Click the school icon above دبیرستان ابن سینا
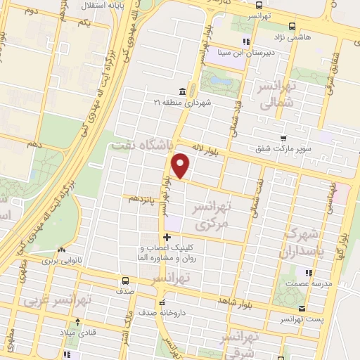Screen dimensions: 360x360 click(246, 41)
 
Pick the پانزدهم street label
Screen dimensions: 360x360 click(143, 198)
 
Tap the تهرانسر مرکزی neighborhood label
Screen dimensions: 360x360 click(212, 217)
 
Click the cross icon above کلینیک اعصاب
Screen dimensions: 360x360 click(166, 237)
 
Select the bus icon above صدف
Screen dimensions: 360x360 click(124, 278)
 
